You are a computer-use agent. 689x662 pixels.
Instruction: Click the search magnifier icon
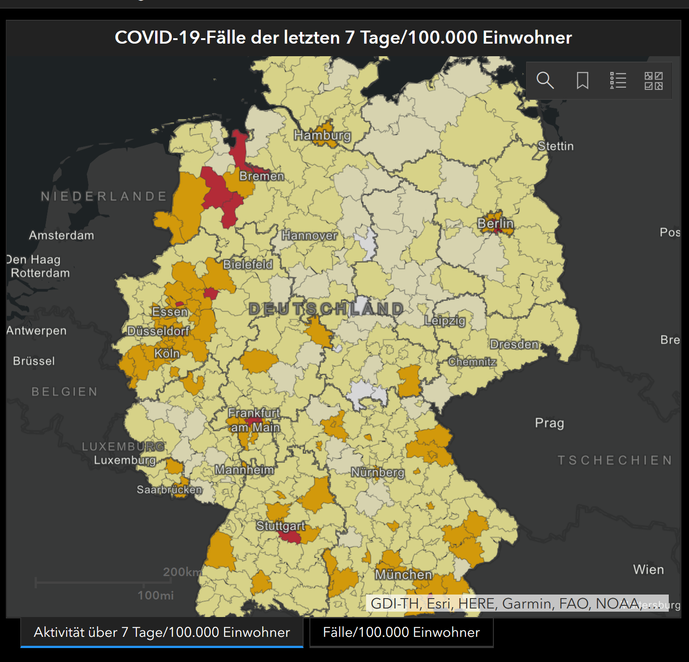pyautogui.click(x=545, y=81)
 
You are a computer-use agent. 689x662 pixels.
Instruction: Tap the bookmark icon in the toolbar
pyautogui.click(x=582, y=81)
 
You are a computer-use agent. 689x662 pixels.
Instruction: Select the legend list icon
pyautogui.click(x=618, y=81)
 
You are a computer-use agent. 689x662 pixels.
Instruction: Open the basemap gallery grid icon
pyautogui.click(x=653, y=81)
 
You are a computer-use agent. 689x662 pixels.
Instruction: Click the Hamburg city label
pyautogui.click(x=322, y=135)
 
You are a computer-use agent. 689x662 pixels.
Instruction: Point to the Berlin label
pyautogui.click(x=495, y=224)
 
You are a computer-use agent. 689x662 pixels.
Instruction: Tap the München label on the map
pyautogui.click(x=403, y=574)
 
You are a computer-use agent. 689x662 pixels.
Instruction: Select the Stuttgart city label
pyautogui.click(x=281, y=526)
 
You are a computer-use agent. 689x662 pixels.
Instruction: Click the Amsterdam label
pyautogui.click(x=62, y=235)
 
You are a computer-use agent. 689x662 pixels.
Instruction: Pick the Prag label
pyautogui.click(x=549, y=423)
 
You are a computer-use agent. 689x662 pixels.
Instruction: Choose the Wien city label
pyautogui.click(x=648, y=569)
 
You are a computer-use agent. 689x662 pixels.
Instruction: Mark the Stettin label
pyautogui.click(x=556, y=146)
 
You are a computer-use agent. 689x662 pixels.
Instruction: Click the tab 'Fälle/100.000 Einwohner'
pyautogui.click(x=401, y=632)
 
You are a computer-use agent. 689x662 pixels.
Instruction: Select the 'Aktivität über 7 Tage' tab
pyautogui.click(x=162, y=632)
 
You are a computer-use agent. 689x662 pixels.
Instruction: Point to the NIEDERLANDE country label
pyautogui.click(x=104, y=197)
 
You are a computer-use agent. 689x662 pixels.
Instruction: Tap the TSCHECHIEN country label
pyautogui.click(x=615, y=460)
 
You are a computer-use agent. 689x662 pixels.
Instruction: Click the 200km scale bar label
pyautogui.click(x=183, y=572)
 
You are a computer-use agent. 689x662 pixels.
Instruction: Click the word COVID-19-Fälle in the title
pyautogui.click(x=180, y=37)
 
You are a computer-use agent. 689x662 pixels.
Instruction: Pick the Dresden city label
pyautogui.click(x=514, y=344)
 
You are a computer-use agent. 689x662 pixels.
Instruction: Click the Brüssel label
pyautogui.click(x=34, y=361)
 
